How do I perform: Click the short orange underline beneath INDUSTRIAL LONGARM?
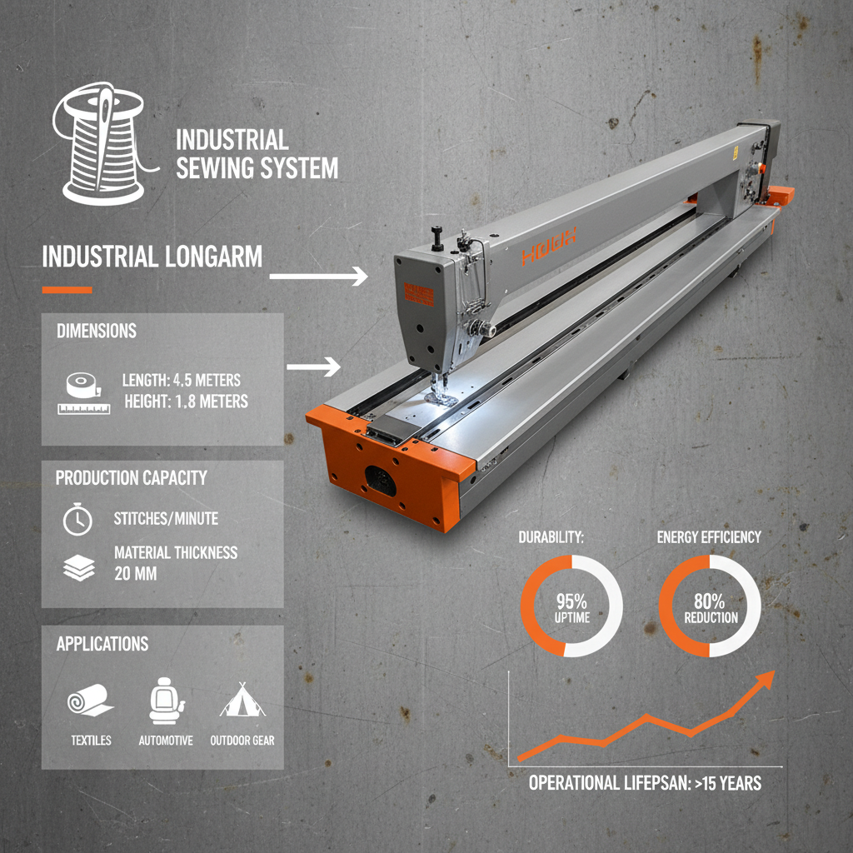tap(67, 290)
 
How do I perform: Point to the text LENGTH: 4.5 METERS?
tap(181, 380)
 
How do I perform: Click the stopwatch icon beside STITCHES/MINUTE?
tap(77, 520)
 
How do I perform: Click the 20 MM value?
tap(134, 574)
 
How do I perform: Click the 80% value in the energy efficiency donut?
tap(710, 600)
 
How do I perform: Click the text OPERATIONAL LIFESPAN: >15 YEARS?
tap(645, 784)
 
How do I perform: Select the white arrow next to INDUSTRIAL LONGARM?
tap(318, 276)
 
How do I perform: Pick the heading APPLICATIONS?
tap(102, 644)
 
